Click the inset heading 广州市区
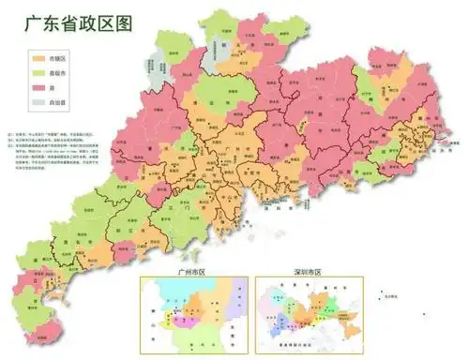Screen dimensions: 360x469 click(191, 272)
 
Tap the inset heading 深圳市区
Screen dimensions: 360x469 click(303, 272)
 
